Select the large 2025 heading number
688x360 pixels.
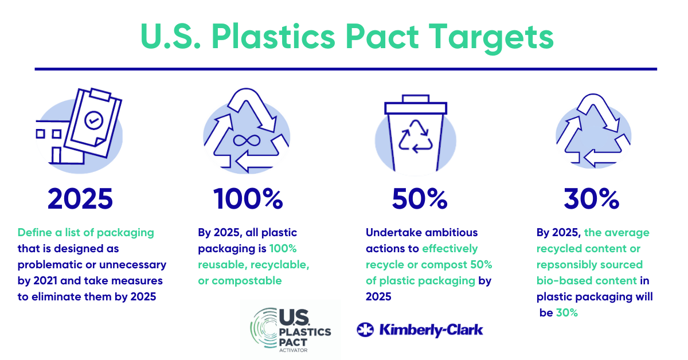pyautogui.click(x=80, y=199)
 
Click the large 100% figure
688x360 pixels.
pyautogui.click(x=248, y=199)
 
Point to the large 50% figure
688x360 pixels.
pyautogui.click(x=420, y=199)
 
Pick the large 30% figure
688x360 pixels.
pyautogui.click(x=592, y=199)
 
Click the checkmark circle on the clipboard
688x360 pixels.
pyautogui.click(x=93, y=120)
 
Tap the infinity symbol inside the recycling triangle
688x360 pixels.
pyautogui.click(x=247, y=140)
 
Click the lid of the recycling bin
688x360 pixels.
pyautogui.click(x=416, y=105)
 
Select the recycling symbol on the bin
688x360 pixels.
pyautogui.click(x=416, y=136)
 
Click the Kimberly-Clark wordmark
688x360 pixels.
pyautogui.click(x=431, y=330)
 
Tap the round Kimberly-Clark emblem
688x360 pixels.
pyautogui.click(x=365, y=330)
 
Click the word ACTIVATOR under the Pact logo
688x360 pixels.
pyautogui.click(x=293, y=350)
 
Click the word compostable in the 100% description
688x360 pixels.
pyautogui.click(x=247, y=281)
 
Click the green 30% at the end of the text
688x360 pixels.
pyautogui.click(x=567, y=312)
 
